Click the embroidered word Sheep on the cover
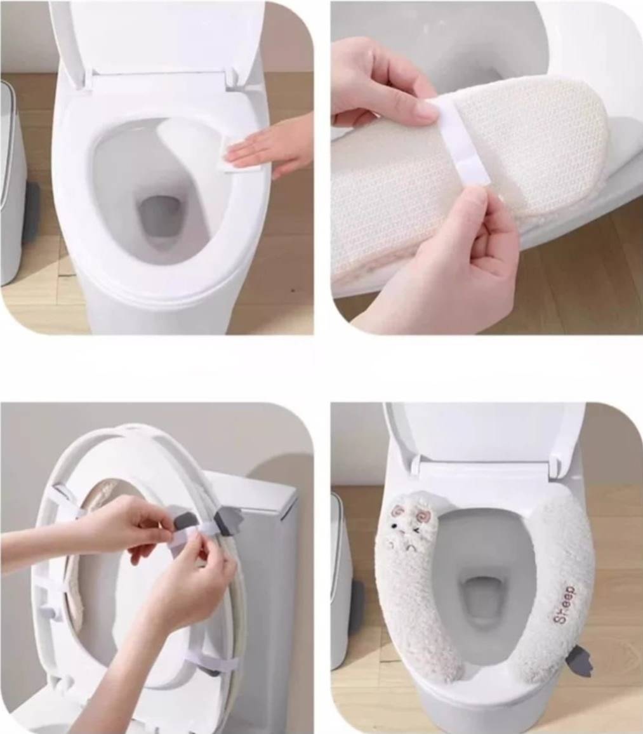click(x=564, y=604)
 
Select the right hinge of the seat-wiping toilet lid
click(x=233, y=77)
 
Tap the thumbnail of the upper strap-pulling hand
click(x=426, y=110)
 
